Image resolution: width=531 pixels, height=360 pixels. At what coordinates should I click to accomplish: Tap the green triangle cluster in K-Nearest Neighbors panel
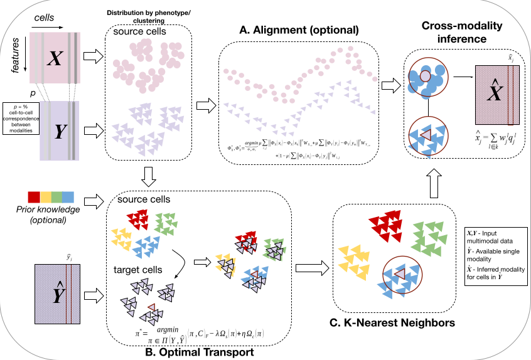429,241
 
